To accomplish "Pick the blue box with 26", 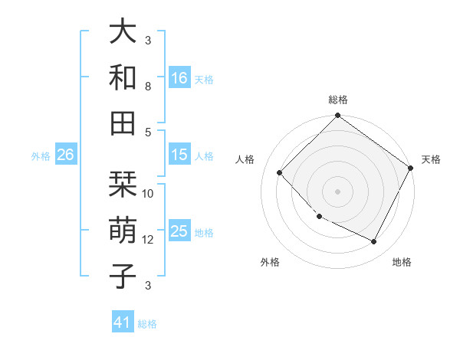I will [65, 155].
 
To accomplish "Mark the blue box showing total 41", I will [123, 322].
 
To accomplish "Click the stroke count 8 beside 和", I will [148, 87].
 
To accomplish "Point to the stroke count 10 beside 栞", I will [148, 194].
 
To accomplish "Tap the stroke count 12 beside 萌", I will [148, 240].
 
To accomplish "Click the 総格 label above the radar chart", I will [337, 100].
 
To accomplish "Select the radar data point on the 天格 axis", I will [410, 168].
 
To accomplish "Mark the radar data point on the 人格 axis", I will [280, 173].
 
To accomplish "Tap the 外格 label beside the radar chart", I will [270, 263].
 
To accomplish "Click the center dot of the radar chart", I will [337, 191].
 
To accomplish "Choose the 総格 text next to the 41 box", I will [147, 324].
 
